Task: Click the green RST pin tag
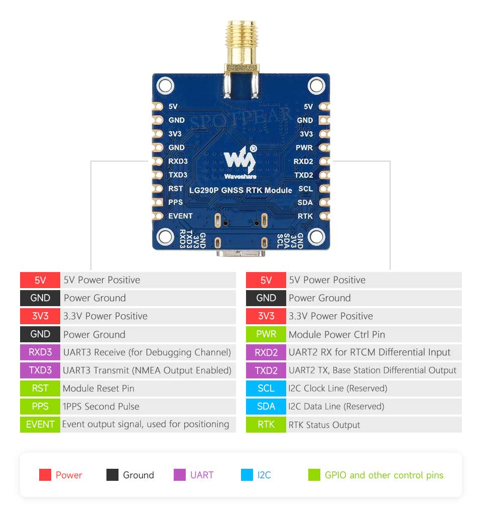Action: click(x=40, y=388)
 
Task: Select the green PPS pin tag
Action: click(x=40, y=406)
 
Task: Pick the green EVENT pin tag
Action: click(x=40, y=424)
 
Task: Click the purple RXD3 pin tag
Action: click(x=40, y=352)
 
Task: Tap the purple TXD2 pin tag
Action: click(x=266, y=370)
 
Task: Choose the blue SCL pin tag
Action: click(x=266, y=388)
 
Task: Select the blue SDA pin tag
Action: click(x=266, y=406)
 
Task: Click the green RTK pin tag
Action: click(x=266, y=424)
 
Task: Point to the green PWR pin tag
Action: click(x=266, y=334)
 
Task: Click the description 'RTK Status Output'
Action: click(x=324, y=425)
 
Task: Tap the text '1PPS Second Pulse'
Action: click(x=101, y=407)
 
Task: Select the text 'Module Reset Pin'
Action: click(x=98, y=388)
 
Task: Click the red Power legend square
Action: click(x=45, y=475)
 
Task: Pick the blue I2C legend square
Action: click(x=247, y=475)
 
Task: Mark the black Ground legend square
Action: click(x=112, y=475)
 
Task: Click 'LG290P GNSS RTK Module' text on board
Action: click(x=240, y=190)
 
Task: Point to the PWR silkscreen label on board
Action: click(x=304, y=148)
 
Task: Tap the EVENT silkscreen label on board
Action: click(x=180, y=216)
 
